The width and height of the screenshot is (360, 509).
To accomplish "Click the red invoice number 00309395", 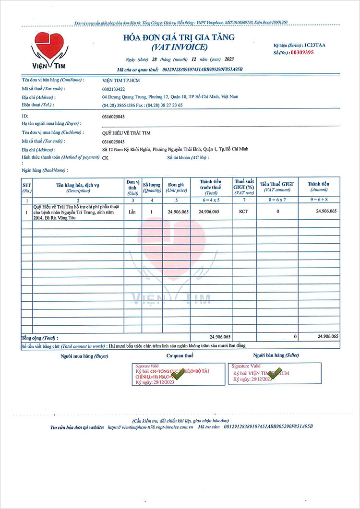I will pos(300,52).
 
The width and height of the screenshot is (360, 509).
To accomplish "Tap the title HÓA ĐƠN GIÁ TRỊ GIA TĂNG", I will pos(180,38).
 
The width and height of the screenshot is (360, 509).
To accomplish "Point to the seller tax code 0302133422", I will pos(114,89).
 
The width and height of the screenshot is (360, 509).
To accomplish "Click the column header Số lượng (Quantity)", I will pos(152,187).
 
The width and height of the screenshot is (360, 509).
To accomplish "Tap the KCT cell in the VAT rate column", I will pos(243,211).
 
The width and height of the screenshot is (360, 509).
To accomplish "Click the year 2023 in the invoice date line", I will pos(228,59).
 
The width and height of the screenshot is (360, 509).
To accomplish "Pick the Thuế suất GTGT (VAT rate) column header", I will pos(243,187).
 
